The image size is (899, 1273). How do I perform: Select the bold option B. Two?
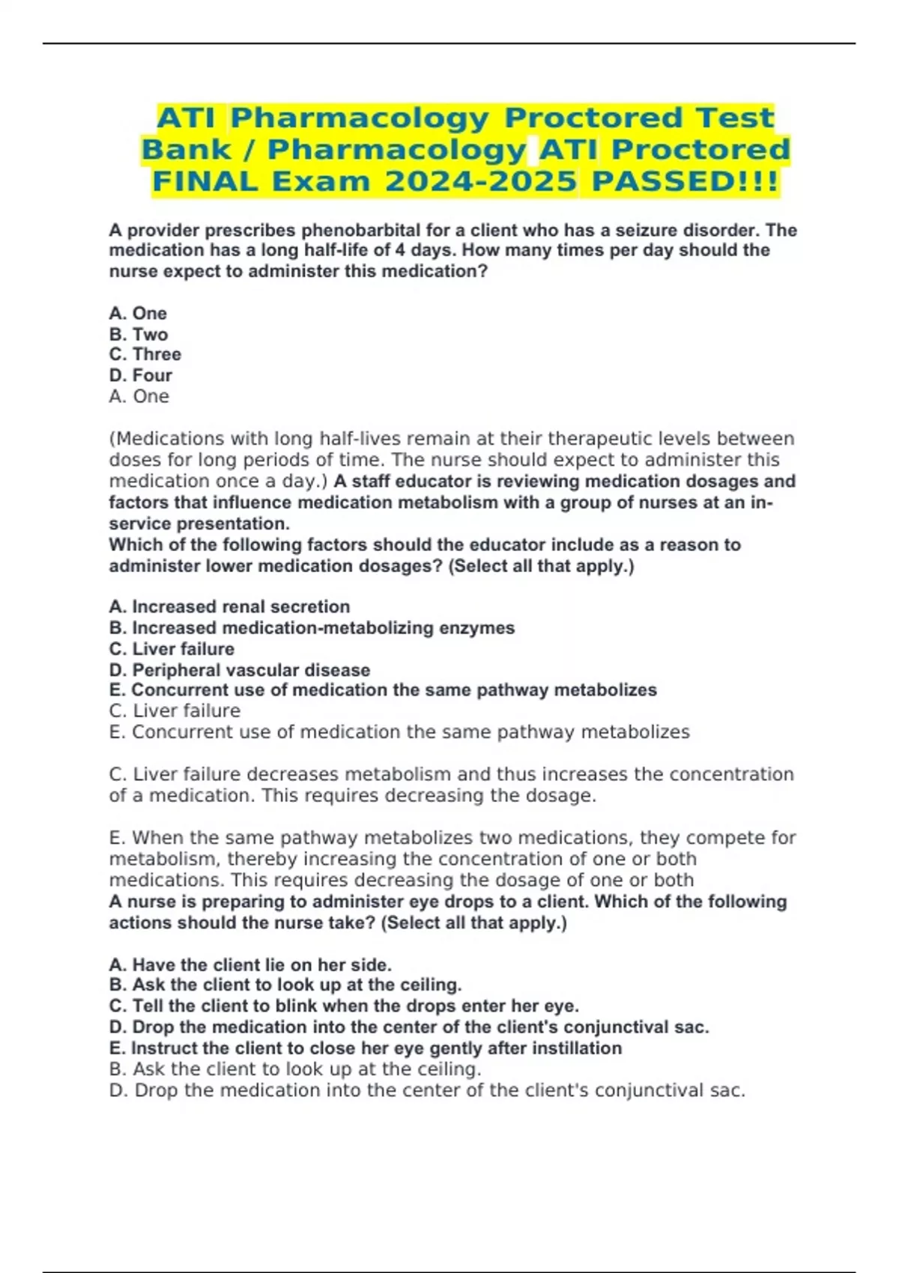point(139,334)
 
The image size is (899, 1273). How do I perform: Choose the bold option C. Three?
point(145,354)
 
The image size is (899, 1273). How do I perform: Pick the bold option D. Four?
point(141,375)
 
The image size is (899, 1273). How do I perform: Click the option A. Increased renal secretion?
point(229,607)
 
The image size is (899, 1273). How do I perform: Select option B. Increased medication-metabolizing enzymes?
point(312,628)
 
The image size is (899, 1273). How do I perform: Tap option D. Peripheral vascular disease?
point(240,669)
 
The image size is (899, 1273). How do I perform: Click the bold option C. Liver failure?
point(172,648)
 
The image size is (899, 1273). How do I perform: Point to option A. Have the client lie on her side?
point(250,964)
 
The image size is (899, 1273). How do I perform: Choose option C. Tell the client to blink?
point(344,1006)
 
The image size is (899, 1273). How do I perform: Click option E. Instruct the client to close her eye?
point(366,1048)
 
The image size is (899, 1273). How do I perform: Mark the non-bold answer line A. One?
point(139,396)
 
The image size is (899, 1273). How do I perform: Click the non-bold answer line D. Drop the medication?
point(427,1090)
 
